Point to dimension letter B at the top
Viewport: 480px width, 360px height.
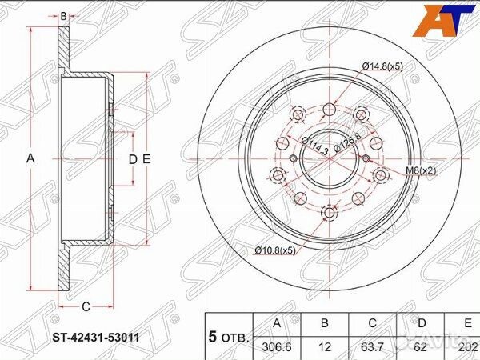(x=63, y=14)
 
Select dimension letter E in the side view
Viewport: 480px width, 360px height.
(x=147, y=158)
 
